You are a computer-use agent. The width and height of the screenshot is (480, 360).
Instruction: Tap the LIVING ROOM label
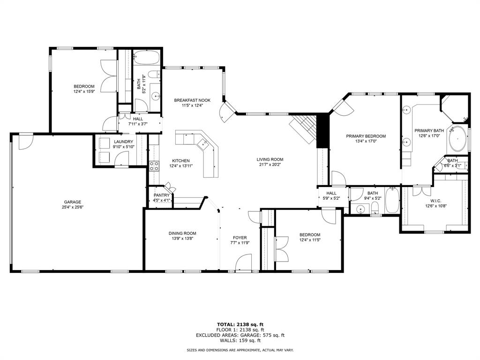tap(270, 159)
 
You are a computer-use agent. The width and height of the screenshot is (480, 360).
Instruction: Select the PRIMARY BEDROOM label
tap(366, 136)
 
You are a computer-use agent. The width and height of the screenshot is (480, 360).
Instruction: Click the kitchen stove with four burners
tap(154, 165)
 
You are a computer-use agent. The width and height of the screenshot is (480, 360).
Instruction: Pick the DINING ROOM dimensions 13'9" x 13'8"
tap(182, 239)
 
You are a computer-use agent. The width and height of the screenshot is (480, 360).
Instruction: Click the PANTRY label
tap(161, 195)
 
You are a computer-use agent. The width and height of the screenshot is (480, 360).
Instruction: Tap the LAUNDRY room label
tap(123, 142)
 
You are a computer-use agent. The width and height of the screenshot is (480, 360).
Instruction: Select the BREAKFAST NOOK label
tap(192, 100)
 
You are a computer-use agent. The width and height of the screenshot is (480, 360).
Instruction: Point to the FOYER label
tap(240, 238)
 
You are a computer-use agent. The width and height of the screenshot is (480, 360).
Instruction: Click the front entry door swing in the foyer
tap(245, 262)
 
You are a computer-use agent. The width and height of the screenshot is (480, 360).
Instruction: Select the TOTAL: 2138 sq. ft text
tap(240, 324)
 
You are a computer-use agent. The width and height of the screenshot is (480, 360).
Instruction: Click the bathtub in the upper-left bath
tap(146, 59)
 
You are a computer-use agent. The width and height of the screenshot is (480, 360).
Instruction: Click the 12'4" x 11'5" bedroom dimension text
tap(310, 240)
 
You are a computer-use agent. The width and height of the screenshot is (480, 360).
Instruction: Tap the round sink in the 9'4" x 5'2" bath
tap(360, 209)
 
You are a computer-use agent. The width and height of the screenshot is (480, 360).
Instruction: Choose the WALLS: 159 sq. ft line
tap(240, 341)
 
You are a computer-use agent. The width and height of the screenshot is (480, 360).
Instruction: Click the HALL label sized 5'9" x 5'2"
tap(331, 193)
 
